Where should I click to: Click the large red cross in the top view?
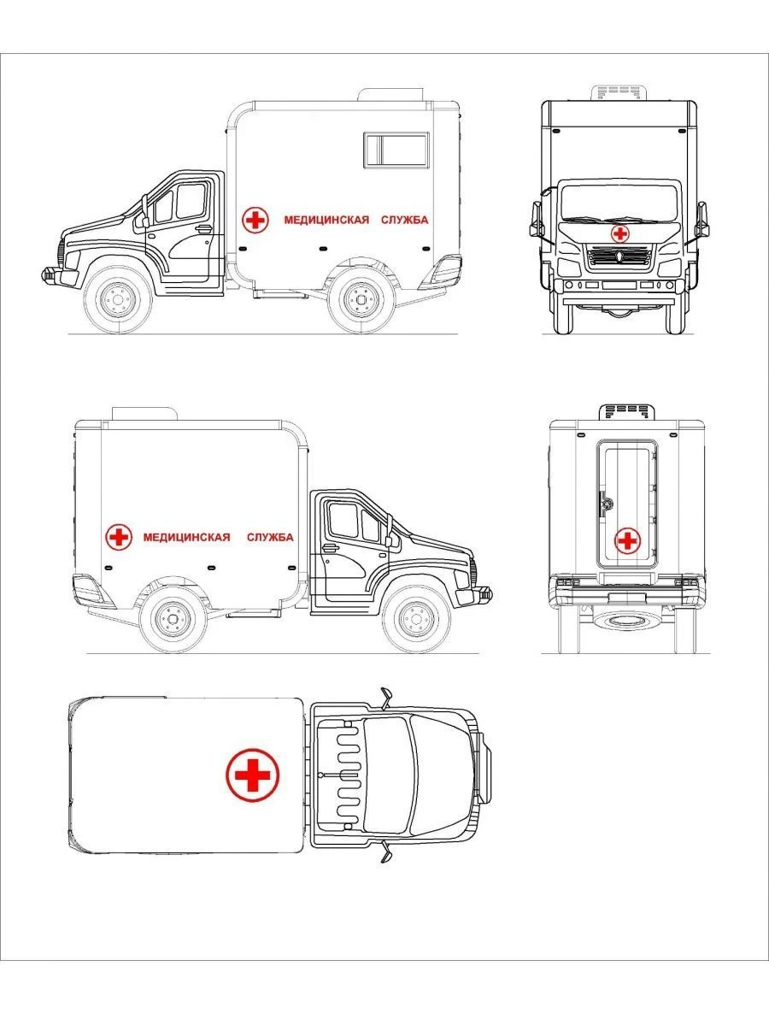pos(252,775)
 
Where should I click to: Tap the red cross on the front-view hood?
pos(619,233)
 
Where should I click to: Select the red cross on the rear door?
pos(627,540)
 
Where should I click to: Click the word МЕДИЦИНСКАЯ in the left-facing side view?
pos(326,220)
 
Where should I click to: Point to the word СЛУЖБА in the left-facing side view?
pos(401,220)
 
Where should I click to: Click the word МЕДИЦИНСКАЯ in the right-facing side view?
pos(186,537)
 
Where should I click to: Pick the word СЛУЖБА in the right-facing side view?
pos(270,537)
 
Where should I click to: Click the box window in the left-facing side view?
pos(396,150)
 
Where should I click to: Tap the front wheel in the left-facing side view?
pos(118,298)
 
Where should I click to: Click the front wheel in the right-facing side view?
pos(416,617)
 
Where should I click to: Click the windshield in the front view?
pos(619,203)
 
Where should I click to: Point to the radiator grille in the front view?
pos(619,256)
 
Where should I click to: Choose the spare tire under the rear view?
pos(626,620)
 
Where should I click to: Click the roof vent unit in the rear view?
pos(628,411)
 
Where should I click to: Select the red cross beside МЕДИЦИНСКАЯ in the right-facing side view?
pos(119,537)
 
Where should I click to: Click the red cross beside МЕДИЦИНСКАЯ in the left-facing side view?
pos(255,220)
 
